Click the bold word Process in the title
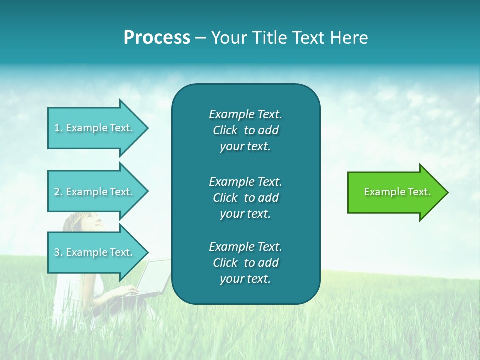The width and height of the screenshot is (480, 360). pos(157,38)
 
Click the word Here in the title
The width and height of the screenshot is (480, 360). pos(349,38)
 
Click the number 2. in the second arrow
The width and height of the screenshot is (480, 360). pos(58,192)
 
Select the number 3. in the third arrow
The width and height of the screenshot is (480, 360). pos(58,252)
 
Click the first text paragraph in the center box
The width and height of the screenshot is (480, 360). pos(245,130)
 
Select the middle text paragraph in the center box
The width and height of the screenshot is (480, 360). pos(245,198)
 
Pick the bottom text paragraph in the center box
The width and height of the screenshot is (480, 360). pos(245,263)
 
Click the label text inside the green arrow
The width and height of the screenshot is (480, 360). pos(397,192)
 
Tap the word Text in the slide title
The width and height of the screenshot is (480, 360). pos(309,38)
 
